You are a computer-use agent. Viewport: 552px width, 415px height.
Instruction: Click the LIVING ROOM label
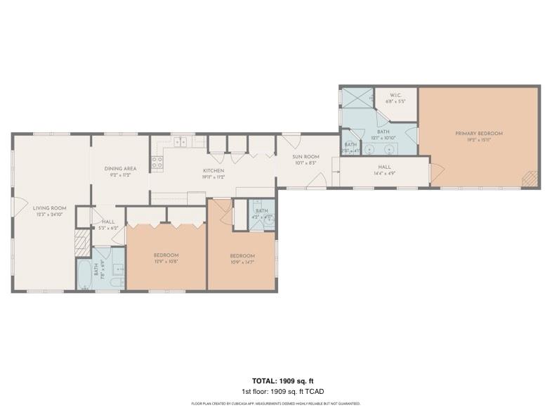click(49, 207)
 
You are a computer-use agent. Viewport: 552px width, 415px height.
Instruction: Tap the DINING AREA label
click(120, 169)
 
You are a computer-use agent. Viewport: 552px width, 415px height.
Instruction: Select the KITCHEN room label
click(213, 171)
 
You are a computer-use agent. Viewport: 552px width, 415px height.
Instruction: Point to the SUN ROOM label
click(306, 157)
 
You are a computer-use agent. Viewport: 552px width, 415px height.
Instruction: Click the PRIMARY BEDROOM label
click(478, 134)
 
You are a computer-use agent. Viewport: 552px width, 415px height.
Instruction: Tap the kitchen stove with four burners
click(158, 163)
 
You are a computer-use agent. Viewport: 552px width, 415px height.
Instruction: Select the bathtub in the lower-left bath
click(84, 275)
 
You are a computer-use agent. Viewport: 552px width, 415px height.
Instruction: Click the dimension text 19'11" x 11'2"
click(213, 177)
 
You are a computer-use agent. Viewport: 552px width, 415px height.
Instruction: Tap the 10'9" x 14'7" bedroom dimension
click(242, 262)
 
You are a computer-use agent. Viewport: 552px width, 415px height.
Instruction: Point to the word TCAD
click(315, 391)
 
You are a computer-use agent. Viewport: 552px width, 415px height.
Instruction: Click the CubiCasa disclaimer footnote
click(275, 404)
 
